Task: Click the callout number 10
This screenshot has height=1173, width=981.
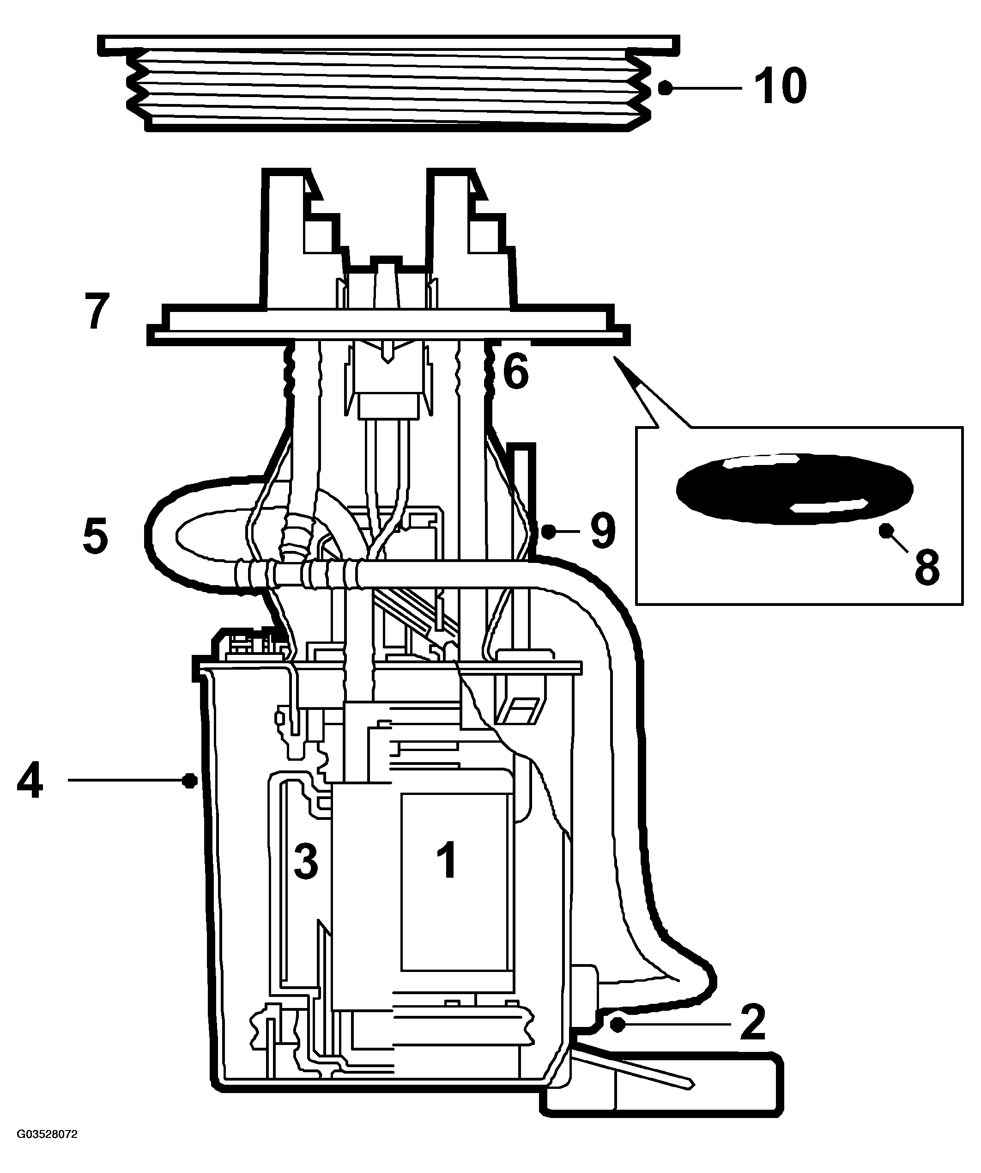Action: coord(780,86)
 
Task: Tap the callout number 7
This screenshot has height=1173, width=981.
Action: coord(97,311)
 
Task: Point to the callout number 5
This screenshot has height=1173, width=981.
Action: coord(96,536)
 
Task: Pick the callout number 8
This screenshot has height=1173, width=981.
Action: coord(927,566)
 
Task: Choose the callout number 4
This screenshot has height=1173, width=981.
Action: coord(30,781)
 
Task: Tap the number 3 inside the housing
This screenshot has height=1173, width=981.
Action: coord(306,861)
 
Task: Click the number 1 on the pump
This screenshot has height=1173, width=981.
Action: coord(448,861)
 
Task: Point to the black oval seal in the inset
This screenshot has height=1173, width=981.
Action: coord(794,489)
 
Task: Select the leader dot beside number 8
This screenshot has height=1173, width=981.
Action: coord(884,530)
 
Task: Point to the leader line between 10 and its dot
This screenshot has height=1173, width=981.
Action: coord(707,88)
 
